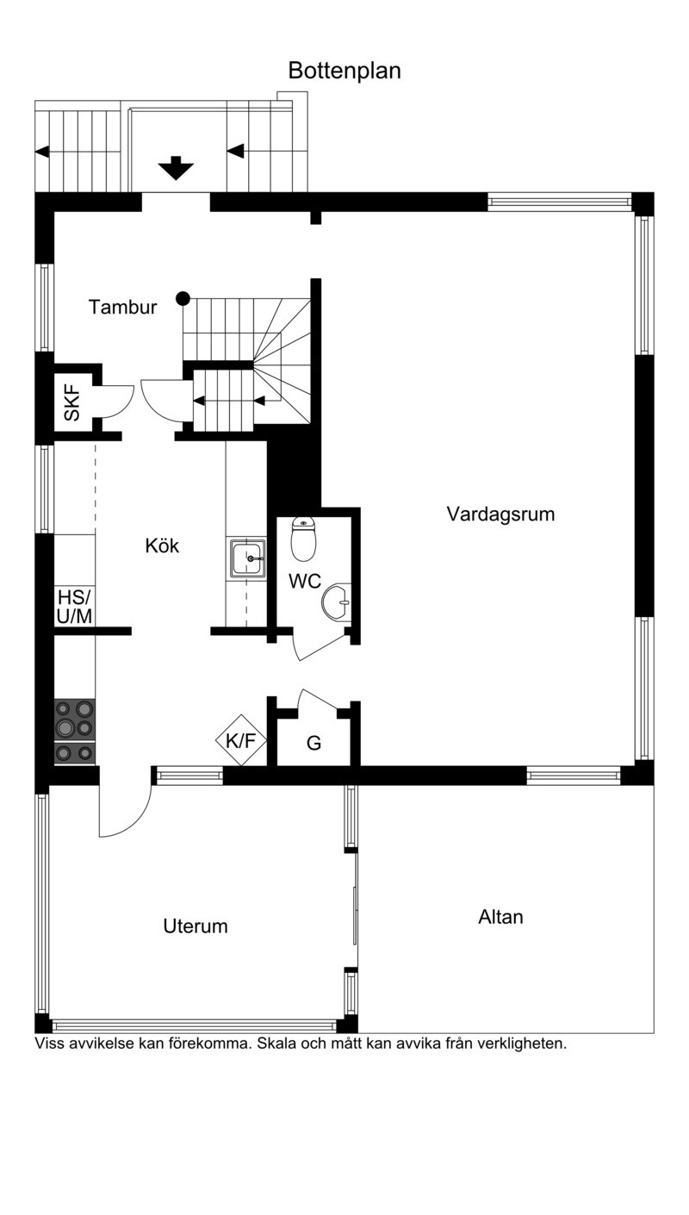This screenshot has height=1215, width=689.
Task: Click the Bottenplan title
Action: (x=344, y=71)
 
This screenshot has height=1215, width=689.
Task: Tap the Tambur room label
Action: (x=122, y=307)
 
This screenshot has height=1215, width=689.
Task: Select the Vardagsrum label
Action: (x=500, y=514)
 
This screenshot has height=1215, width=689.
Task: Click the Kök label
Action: (x=162, y=545)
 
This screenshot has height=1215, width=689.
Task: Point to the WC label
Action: (x=305, y=582)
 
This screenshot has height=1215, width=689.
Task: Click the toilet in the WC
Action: (x=303, y=539)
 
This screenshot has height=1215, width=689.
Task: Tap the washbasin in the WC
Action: (x=337, y=601)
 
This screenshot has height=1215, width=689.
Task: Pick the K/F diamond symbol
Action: (x=240, y=740)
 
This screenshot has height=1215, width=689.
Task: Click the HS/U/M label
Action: (x=74, y=607)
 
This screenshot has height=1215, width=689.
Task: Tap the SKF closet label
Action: (x=71, y=402)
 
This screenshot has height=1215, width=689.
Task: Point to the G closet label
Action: (x=313, y=743)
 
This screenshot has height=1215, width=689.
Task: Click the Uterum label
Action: (x=196, y=925)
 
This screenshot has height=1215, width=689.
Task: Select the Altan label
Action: (x=500, y=917)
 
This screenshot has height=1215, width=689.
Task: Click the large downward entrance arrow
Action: (x=177, y=168)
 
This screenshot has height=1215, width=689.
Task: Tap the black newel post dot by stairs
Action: (x=183, y=298)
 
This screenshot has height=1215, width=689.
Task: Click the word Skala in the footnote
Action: (x=276, y=1044)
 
